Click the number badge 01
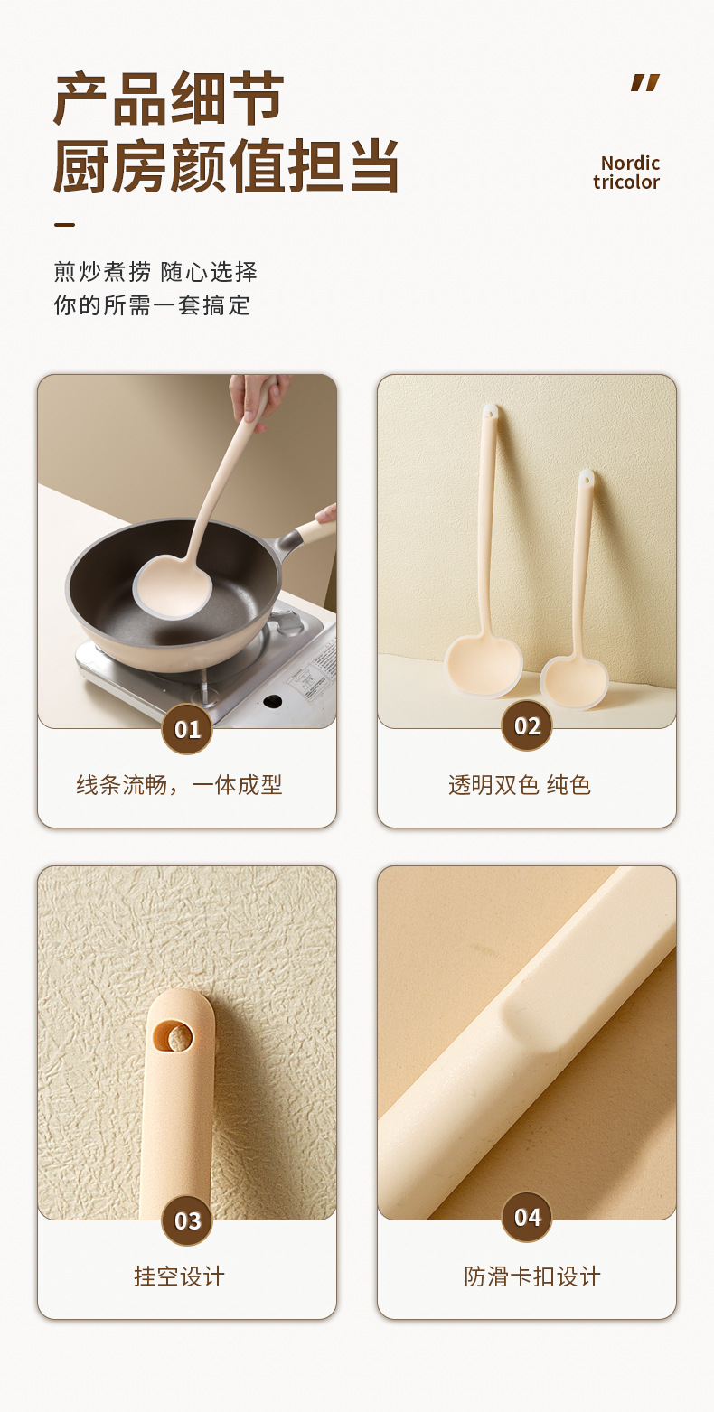click(187, 729)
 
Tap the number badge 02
click(527, 725)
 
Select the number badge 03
click(187, 1220)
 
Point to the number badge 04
click(527, 1217)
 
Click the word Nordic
click(630, 164)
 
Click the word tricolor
click(626, 182)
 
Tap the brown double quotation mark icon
click(645, 82)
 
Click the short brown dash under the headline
click(64, 224)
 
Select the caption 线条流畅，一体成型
click(179, 785)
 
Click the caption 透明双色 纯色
click(519, 785)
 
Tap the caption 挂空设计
click(179, 1276)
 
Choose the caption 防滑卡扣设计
click(532, 1276)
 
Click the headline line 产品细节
click(168, 99)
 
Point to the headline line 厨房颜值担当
click(226, 166)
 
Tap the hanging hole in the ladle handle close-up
click(173, 1036)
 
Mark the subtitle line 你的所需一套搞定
click(152, 305)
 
